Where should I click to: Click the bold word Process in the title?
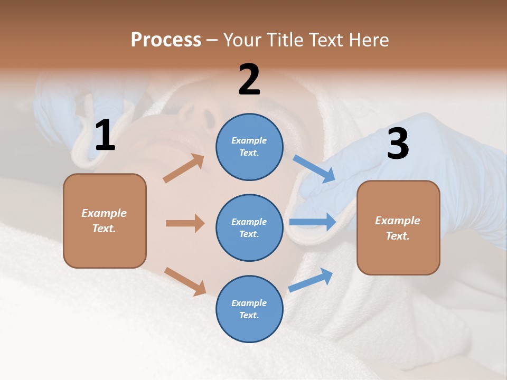coord(166,40)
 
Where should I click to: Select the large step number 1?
coord(105,136)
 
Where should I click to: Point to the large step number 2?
coord(249,80)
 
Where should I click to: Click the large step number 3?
coord(398,144)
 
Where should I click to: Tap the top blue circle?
coord(249,147)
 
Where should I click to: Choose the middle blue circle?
coord(249,228)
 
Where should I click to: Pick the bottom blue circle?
coord(249,309)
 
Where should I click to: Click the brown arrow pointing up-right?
coord(184,168)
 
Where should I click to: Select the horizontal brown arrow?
coord(185,223)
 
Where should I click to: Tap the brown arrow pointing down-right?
coord(185,281)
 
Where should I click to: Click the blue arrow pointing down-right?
coord(314,169)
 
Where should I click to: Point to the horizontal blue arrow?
coord(313,222)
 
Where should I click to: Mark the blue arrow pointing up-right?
coord(311,280)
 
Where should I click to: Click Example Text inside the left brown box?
coord(104,221)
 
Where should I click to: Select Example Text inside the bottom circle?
coord(249,309)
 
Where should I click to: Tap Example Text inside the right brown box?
coord(398,228)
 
